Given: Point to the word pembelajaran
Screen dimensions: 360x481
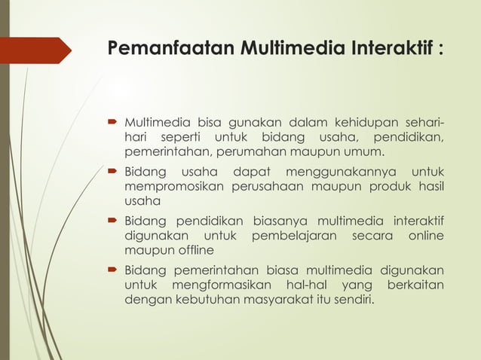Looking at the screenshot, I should pos(298,235).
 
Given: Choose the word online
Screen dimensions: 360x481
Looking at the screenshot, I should pos(423,235).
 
